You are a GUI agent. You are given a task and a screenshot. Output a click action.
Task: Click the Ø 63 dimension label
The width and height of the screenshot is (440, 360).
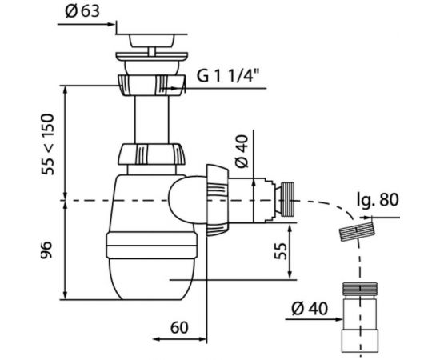[82, 11]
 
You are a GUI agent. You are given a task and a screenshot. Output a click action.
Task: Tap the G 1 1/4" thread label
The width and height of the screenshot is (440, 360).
[226, 75]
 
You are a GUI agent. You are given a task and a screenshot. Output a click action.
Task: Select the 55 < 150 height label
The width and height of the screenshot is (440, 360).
[47, 144]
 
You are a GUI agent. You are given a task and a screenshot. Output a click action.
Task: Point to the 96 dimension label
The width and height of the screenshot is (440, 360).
[46, 250]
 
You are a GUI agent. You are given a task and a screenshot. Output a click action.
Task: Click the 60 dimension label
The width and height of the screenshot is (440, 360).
[179, 327]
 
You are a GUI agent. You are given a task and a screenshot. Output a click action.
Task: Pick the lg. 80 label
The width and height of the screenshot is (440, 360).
[378, 200]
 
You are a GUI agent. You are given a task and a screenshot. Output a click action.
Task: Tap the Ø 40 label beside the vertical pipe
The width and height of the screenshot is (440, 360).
[310, 308]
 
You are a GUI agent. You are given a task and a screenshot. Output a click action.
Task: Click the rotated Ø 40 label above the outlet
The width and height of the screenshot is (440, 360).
[242, 151]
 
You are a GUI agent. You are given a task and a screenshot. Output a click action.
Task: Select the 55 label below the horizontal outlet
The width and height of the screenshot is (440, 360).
[281, 251]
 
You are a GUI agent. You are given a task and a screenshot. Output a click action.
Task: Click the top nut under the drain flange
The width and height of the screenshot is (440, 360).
[151, 85]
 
